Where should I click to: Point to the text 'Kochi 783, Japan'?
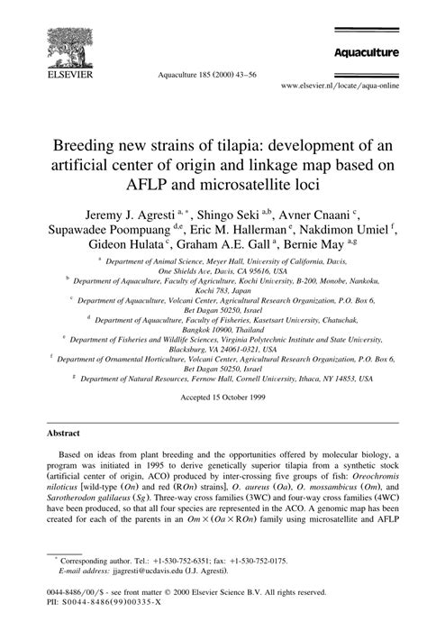(x=213, y=293)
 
